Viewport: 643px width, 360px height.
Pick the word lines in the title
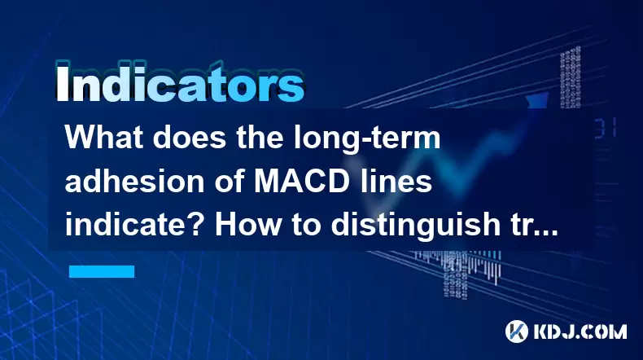[395, 182]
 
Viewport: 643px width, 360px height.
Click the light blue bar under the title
[102, 271]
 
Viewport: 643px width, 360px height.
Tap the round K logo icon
[517, 331]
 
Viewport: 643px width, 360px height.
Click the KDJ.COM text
[580, 331]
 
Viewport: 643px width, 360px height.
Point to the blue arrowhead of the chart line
[538, 100]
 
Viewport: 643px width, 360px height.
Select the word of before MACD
[229, 182]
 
